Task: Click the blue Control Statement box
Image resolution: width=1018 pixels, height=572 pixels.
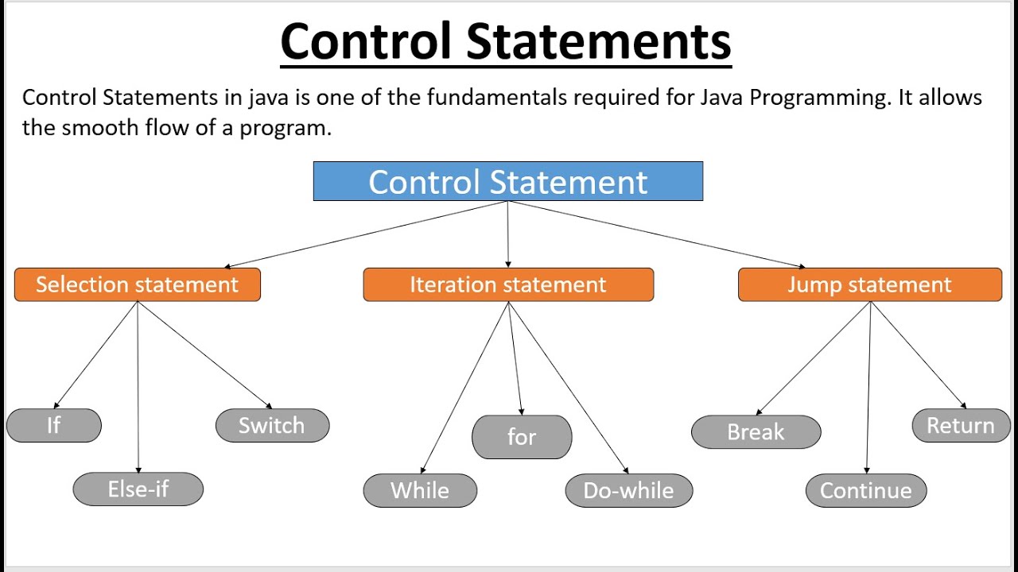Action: click(507, 181)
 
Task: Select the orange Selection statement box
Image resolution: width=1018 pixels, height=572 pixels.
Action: click(137, 284)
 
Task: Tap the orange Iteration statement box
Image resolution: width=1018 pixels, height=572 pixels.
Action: click(508, 284)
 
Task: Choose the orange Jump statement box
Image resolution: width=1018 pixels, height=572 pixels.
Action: click(869, 284)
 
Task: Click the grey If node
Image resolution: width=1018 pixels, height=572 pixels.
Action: click(54, 426)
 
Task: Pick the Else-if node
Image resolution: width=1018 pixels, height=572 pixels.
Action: click(138, 489)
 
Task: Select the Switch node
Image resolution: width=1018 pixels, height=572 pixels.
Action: click(272, 426)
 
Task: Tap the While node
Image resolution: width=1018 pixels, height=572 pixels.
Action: click(420, 490)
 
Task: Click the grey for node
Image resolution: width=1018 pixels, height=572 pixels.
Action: click(522, 437)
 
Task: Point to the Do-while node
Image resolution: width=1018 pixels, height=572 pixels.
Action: click(628, 490)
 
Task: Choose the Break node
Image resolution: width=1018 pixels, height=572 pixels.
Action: click(756, 432)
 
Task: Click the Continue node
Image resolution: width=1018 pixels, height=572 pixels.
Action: click(865, 490)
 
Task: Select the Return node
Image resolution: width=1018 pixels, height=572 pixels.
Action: click(961, 426)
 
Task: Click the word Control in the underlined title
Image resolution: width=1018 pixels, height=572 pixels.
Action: click(365, 41)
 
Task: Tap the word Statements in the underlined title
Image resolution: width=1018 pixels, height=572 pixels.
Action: click(598, 41)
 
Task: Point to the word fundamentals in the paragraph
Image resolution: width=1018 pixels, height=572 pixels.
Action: click(494, 98)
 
